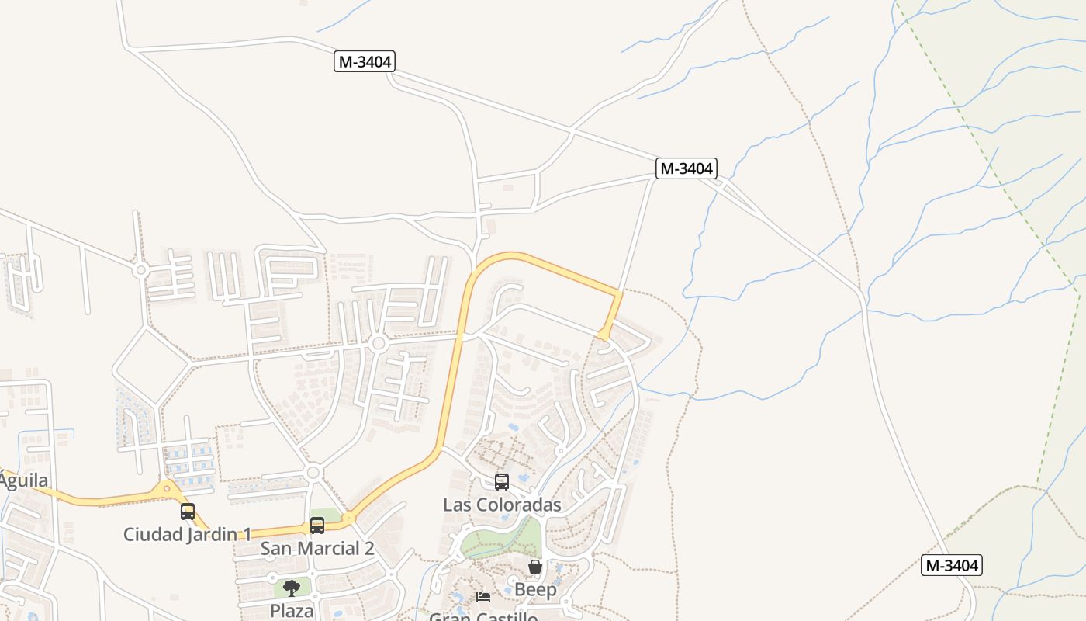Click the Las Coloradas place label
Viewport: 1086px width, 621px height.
pyautogui.click(x=502, y=505)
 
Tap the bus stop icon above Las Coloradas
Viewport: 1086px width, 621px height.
pyautogui.click(x=502, y=482)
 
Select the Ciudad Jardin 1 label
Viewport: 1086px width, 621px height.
pyautogui.click(x=188, y=534)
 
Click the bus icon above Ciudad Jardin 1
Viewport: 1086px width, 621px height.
pyautogui.click(x=188, y=512)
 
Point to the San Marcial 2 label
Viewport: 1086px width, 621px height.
pyautogui.click(x=317, y=548)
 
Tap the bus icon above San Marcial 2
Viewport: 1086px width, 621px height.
pyautogui.click(x=317, y=526)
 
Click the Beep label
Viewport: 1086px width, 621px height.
pyautogui.click(x=535, y=589)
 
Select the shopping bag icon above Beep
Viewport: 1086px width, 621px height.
pyautogui.click(x=535, y=567)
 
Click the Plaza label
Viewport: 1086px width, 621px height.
pyautogui.click(x=292, y=610)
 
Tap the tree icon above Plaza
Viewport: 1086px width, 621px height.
pyautogui.click(x=292, y=588)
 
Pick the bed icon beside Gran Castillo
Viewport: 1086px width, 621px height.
pyautogui.click(x=483, y=597)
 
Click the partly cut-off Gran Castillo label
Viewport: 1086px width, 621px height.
pyautogui.click(x=483, y=616)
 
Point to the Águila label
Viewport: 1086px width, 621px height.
pyautogui.click(x=23, y=480)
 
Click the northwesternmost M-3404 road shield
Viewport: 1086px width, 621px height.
pyautogui.click(x=365, y=61)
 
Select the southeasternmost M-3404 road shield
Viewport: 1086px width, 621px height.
pyautogui.click(x=952, y=565)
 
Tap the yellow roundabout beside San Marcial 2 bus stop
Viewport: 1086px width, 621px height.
pyautogui.click(x=349, y=518)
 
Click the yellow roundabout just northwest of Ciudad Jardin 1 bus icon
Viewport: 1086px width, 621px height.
pyautogui.click(x=166, y=490)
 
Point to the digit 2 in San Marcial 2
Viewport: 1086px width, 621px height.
pyautogui.click(x=368, y=548)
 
